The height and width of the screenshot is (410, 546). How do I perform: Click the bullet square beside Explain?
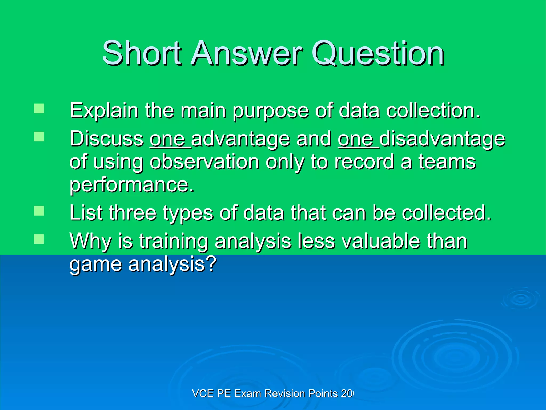39,109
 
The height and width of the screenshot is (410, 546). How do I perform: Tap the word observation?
204,162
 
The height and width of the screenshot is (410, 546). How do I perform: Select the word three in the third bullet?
132,213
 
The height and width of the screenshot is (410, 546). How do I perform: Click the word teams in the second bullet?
447,162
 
